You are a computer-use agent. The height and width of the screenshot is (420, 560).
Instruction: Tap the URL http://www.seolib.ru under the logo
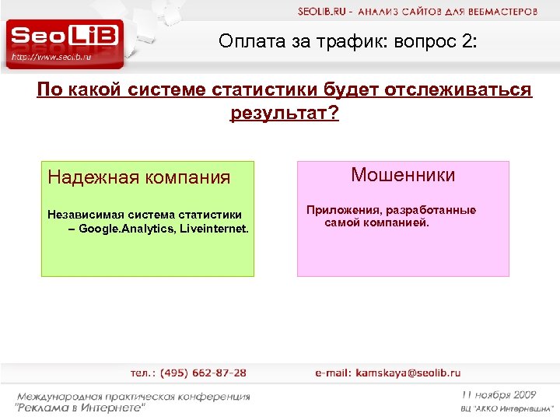52,58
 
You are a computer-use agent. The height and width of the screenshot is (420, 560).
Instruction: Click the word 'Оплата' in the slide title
248,41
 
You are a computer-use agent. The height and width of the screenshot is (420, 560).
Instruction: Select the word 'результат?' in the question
285,114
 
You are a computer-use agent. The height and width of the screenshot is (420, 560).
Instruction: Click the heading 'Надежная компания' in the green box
138,177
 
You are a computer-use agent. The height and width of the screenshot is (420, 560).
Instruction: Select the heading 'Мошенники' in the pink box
403,175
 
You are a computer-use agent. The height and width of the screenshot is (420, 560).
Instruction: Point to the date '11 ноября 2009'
498,394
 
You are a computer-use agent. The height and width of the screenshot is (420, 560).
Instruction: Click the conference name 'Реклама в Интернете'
81,407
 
